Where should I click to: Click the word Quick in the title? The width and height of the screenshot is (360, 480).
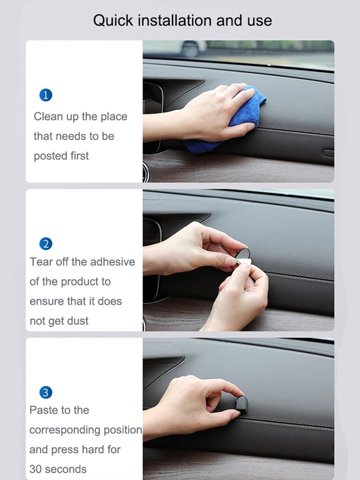(x=113, y=21)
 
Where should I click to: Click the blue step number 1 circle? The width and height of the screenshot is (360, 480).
(x=46, y=95)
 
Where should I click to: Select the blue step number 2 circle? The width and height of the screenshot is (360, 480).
(x=46, y=244)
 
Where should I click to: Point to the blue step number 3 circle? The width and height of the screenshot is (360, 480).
(x=46, y=392)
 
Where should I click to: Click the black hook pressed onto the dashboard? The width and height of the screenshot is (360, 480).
(x=241, y=404)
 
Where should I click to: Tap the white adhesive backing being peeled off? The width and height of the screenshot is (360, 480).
(x=243, y=261)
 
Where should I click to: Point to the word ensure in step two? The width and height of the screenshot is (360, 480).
(x=46, y=301)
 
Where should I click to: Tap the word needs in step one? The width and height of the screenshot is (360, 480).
(x=71, y=136)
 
